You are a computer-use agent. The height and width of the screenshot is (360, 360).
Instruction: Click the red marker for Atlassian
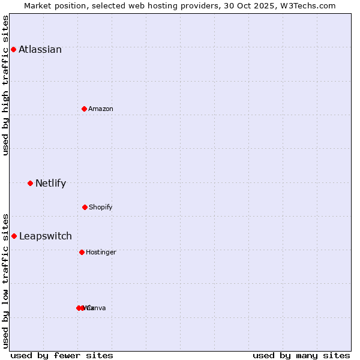[x=13, y=49]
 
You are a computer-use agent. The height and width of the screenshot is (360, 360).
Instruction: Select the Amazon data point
[x=84, y=109]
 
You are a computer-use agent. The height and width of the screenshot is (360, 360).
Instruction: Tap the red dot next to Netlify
[x=30, y=183]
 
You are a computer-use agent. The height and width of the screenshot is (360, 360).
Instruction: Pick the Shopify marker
[x=85, y=207]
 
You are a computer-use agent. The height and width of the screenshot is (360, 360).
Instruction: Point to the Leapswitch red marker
[x=14, y=236]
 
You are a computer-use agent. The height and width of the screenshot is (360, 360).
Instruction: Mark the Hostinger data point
[x=82, y=252]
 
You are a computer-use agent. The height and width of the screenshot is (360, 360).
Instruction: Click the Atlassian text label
[x=40, y=49]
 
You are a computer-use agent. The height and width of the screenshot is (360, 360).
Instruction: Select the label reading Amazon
[x=101, y=109]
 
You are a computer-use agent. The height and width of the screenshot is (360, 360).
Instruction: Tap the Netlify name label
[x=50, y=183]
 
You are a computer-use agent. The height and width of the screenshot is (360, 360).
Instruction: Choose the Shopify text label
[x=101, y=207]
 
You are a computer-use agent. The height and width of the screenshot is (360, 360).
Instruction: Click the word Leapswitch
[x=46, y=236]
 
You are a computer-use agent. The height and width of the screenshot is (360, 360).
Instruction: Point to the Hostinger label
[x=101, y=252]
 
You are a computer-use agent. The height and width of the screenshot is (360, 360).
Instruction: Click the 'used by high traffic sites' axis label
[x=5, y=85]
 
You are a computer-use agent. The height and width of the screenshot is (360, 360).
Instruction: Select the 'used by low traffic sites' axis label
[x=5, y=280]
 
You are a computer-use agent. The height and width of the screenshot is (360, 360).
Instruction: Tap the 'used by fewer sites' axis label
[x=62, y=355]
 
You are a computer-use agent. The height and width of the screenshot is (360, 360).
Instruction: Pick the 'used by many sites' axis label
[x=301, y=355]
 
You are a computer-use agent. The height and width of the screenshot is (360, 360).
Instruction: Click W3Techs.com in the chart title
[x=308, y=5]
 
